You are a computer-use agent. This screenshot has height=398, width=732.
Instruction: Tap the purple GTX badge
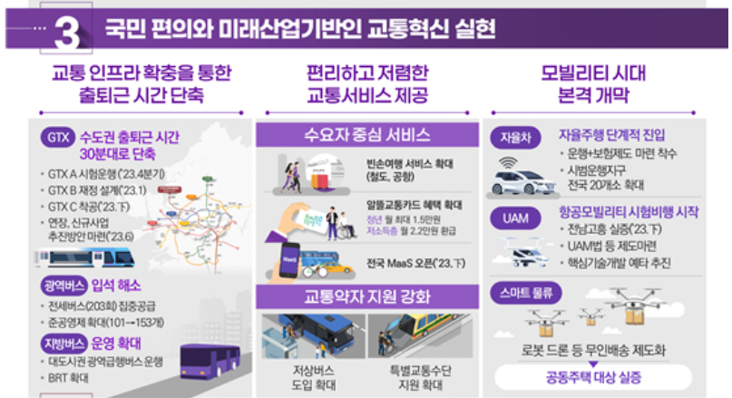click(x=56, y=139)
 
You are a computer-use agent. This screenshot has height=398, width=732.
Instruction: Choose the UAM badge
click(x=509, y=218)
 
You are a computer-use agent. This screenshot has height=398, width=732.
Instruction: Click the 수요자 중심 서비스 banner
click(x=366, y=135)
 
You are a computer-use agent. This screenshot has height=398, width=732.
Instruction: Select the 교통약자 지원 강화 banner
click(x=366, y=296)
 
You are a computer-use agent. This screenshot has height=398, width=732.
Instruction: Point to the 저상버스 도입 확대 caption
click(x=308, y=374)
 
